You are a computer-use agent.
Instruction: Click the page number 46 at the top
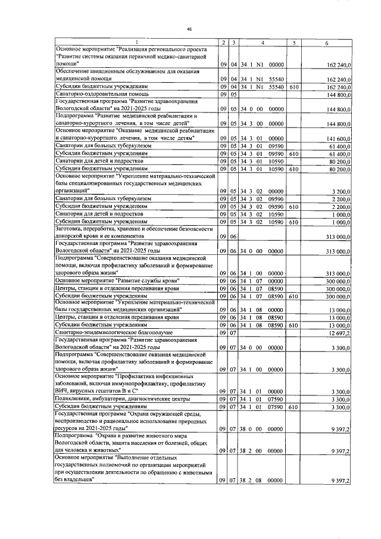tap(189, 29)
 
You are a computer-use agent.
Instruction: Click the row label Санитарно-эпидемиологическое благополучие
tap(109, 333)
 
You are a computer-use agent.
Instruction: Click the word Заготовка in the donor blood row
tap(72, 229)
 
